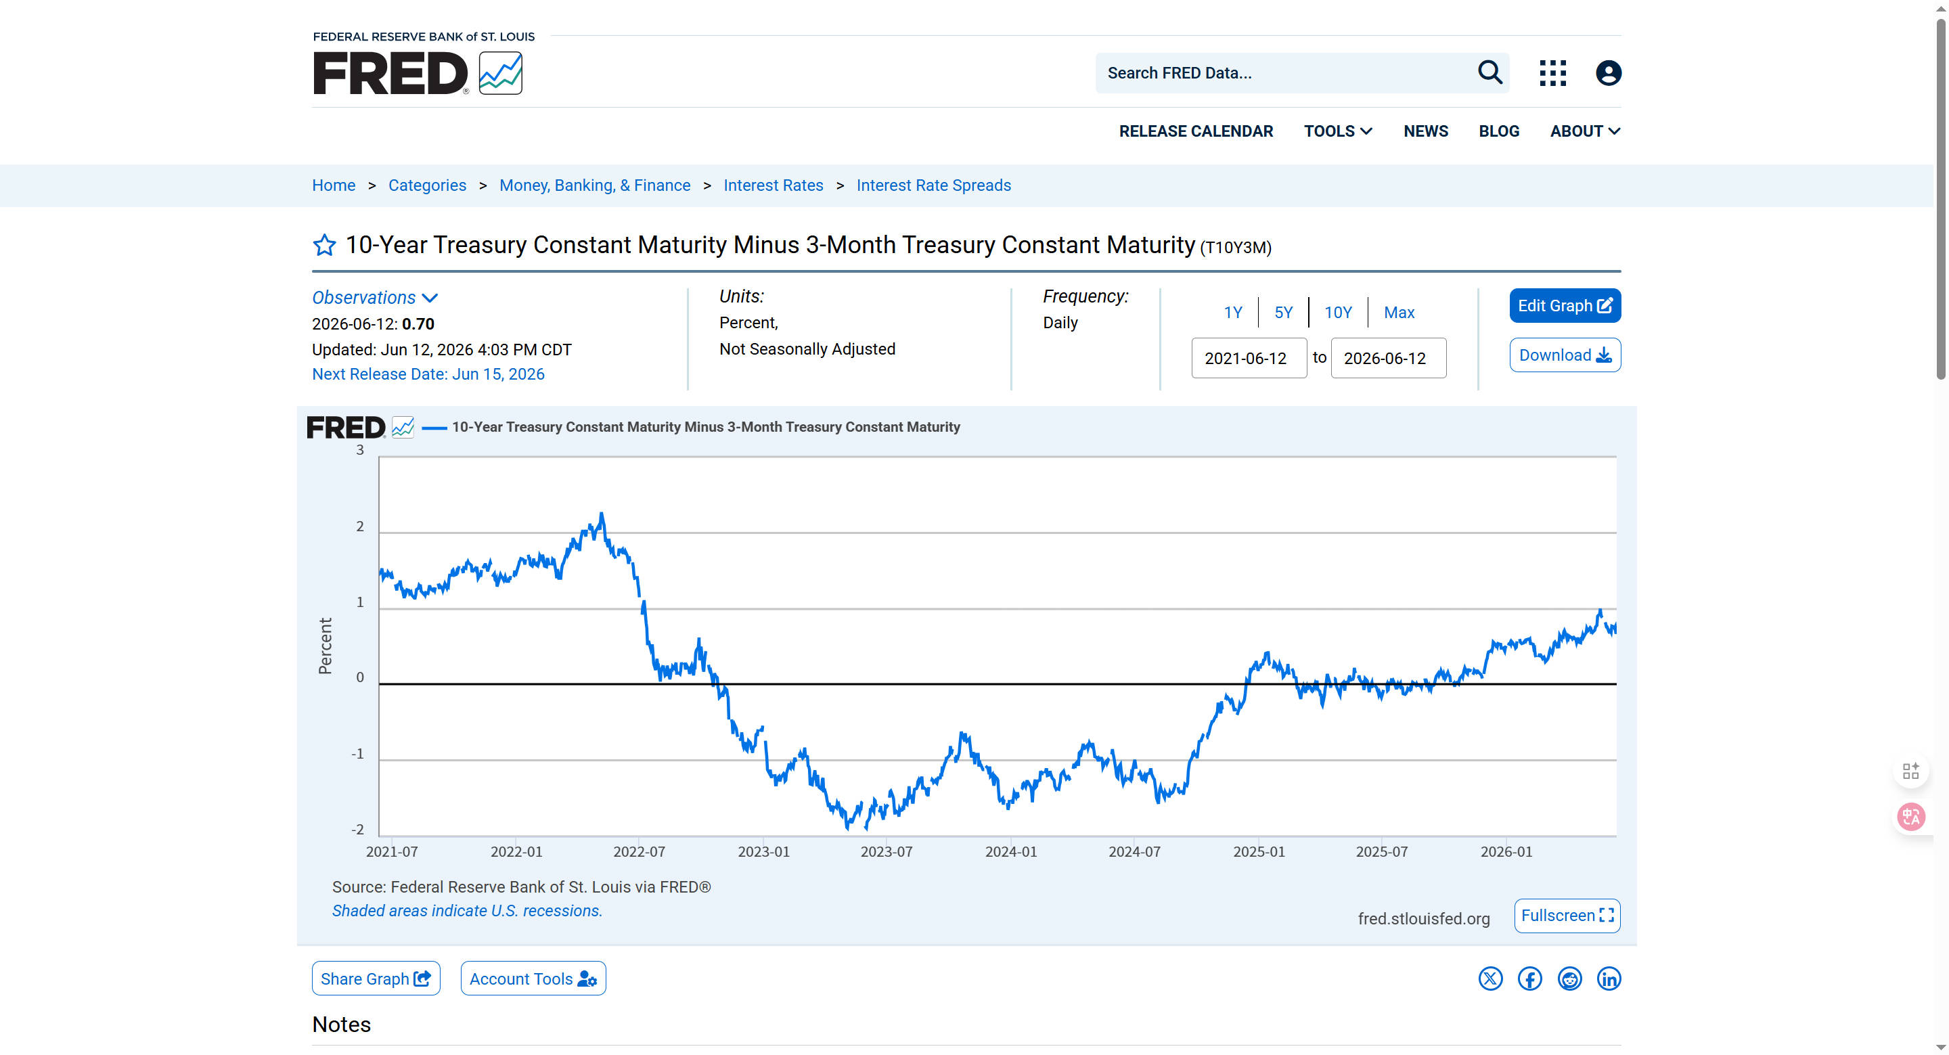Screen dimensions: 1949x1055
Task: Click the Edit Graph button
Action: pyautogui.click(x=1565, y=306)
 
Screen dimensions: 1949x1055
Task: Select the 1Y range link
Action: pyautogui.click(x=1232, y=313)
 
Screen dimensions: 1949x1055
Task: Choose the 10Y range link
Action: pyautogui.click(x=1338, y=313)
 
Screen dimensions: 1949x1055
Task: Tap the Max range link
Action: pyautogui.click(x=1399, y=313)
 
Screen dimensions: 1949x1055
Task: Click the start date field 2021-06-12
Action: pyautogui.click(x=1249, y=358)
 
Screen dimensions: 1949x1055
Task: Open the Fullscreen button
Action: pyautogui.click(x=1567, y=916)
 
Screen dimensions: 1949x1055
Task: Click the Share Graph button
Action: pyautogui.click(x=376, y=979)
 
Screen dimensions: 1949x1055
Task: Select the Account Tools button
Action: pyautogui.click(x=533, y=979)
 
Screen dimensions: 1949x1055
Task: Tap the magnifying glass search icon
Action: pyautogui.click(x=1489, y=72)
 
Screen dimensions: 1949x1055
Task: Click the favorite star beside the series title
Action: pyautogui.click(x=325, y=245)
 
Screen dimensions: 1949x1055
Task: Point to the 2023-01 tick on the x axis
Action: pyautogui.click(x=763, y=851)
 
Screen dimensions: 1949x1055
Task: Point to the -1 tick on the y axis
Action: pyautogui.click(x=357, y=754)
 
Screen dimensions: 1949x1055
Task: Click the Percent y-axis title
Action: pyautogui.click(x=326, y=646)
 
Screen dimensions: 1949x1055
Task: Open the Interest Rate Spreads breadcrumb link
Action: pyautogui.click(x=934, y=185)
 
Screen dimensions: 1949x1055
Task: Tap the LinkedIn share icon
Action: pyautogui.click(x=1609, y=979)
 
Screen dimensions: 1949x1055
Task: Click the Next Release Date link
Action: pyautogui.click(x=428, y=374)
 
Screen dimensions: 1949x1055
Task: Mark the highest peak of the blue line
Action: pyautogui.click(x=602, y=514)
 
